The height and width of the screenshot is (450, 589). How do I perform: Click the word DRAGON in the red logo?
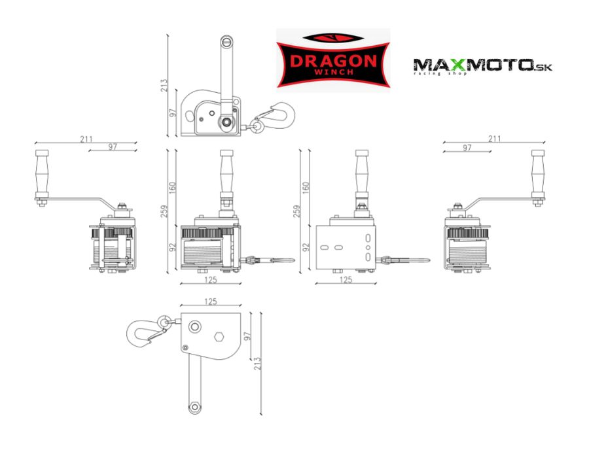point(333,61)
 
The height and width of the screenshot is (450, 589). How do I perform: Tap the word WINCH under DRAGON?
point(334,72)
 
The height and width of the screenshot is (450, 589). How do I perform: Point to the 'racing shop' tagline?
point(440,73)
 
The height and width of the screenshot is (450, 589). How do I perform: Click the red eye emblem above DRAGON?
point(333,37)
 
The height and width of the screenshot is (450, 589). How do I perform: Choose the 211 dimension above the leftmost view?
point(86,139)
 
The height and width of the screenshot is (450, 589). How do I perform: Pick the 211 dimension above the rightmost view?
point(494,139)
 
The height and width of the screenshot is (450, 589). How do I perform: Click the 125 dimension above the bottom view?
point(211,302)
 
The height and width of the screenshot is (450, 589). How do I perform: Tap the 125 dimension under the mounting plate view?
point(346,279)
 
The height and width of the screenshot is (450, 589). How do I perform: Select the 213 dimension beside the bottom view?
point(257,364)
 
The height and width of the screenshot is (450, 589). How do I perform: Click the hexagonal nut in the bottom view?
point(219,337)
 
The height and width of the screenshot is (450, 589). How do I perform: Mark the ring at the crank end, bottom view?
point(194,407)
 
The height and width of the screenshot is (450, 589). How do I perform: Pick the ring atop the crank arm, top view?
point(226,41)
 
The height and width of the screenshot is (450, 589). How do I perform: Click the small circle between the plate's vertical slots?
point(368,247)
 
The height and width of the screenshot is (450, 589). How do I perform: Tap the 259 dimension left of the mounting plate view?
point(296,211)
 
